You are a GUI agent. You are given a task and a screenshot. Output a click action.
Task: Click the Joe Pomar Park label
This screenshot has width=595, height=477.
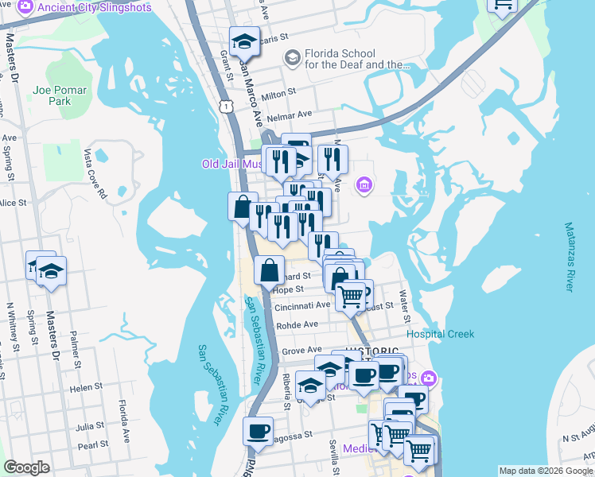(x=52, y=95)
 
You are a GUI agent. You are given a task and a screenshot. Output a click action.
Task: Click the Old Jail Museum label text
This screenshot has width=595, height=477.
(x=231, y=165)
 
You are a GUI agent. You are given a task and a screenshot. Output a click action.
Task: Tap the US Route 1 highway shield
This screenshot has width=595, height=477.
(x=228, y=105)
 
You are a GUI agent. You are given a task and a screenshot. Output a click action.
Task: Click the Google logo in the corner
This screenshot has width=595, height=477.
(x=26, y=467)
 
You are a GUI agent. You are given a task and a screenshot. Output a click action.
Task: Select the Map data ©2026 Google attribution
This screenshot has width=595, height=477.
(x=546, y=471)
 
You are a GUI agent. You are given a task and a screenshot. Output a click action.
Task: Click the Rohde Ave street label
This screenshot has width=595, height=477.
(x=297, y=324)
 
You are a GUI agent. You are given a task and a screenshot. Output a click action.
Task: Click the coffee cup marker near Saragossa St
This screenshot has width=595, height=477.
(x=257, y=432)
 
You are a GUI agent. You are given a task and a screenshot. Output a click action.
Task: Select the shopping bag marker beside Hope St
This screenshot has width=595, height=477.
(x=270, y=271)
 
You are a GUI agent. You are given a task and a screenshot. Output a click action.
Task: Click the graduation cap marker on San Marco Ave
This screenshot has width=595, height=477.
(x=245, y=41)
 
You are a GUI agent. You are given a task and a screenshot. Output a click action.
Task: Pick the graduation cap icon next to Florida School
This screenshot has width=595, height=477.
(x=292, y=58)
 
